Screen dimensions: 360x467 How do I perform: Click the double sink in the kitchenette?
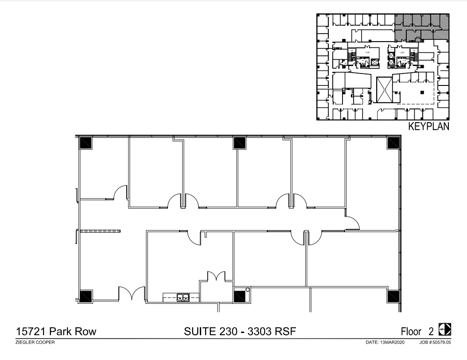point(183,298)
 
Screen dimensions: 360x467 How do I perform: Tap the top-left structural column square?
point(86,143)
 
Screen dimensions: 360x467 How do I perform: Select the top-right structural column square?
point(393,143)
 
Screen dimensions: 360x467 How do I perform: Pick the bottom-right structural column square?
point(393,296)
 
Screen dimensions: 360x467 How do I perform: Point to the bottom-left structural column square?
point(86,296)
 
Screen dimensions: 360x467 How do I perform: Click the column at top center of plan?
point(239,143)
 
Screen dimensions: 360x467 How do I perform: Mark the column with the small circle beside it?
point(240,296)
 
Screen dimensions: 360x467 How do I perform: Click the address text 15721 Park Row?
point(56,332)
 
